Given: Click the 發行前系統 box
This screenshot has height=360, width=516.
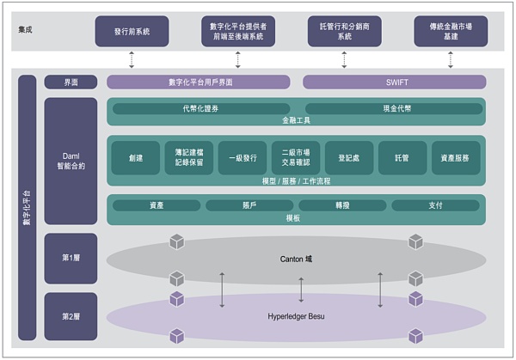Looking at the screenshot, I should pos(132,31).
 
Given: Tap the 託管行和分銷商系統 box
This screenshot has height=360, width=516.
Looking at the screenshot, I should pos(344,31).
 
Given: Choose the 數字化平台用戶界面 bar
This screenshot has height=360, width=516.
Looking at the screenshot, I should pos(200,82).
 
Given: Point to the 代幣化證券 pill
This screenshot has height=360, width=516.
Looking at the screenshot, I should pos(200,109).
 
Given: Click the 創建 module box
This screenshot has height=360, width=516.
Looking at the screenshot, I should pos(136,158).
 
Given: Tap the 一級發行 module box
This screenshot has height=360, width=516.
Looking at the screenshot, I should pos(243,158).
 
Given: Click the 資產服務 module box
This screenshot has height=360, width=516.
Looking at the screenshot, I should pos(455,158).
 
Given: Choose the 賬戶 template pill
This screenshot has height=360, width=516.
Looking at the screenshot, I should pos(249,205).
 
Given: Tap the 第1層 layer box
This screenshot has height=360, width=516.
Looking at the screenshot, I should pos(71,258).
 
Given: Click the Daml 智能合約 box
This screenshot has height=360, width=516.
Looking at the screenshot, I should pos(71,159).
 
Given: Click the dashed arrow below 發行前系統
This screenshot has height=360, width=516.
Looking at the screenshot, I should pos(132,59).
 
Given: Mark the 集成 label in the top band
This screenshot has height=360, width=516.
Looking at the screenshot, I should pos(27,30).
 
